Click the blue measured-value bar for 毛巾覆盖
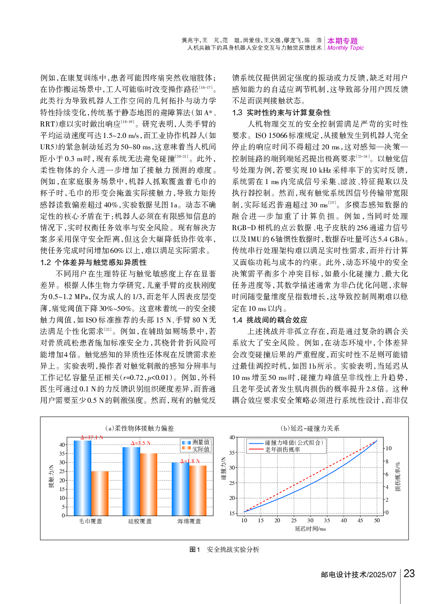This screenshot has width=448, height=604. coord(83,478)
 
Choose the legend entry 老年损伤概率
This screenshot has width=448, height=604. coord(282,449)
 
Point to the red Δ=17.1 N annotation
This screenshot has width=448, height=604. coord(92,437)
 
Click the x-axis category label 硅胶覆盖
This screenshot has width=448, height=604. coord(140,521)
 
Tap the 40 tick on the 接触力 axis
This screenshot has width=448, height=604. coord(62,445)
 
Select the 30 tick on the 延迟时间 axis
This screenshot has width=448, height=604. coord(311,520)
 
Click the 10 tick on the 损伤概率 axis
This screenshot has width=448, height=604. coord(388,448)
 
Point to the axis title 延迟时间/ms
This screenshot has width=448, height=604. coord(310,528)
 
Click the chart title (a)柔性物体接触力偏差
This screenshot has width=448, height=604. coord(140,428)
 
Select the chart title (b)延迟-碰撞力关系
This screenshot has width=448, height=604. coord(310,428)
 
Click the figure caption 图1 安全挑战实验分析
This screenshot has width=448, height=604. coord(224,549)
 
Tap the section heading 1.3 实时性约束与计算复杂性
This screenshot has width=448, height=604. coord(281,112)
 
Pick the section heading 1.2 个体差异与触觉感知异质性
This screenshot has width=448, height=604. coord(93,262)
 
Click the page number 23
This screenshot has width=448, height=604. coord(409,573)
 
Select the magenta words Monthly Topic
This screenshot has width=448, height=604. coord(345,48)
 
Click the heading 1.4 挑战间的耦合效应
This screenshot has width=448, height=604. coord(270,320)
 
